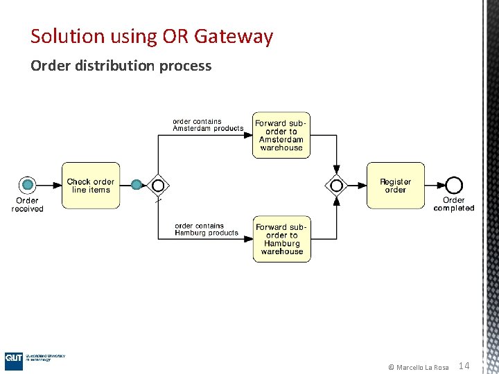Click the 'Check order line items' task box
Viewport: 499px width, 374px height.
click(91, 186)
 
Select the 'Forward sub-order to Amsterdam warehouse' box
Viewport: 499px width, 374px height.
click(281, 135)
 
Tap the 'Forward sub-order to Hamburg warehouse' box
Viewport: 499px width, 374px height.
click(281, 239)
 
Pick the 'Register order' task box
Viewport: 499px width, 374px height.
click(395, 186)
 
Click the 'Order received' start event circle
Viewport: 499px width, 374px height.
click(28, 184)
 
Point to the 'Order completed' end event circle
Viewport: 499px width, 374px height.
click(454, 185)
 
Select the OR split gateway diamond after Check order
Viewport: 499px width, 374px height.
click(159, 185)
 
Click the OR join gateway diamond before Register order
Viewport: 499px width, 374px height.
click(337, 185)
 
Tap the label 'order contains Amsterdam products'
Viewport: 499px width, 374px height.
click(207, 125)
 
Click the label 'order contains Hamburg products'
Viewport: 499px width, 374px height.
click(207, 229)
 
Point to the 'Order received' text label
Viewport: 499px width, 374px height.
click(28, 204)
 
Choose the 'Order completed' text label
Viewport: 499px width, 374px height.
click(454, 204)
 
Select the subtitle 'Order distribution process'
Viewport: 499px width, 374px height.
click(121, 66)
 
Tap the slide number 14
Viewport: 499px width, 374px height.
click(464, 366)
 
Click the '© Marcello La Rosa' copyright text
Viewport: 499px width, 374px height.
click(418, 367)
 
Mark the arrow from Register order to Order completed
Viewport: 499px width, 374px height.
click(435, 185)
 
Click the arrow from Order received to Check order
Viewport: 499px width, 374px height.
click(49, 185)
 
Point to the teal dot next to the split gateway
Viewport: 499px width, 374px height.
click(137, 184)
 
